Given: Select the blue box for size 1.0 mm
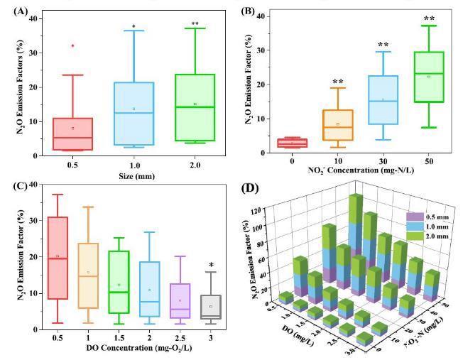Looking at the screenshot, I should point(134,114).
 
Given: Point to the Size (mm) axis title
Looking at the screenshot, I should point(134,173).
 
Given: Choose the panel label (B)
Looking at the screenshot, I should point(248,11).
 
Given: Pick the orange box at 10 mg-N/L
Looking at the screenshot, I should point(338,125).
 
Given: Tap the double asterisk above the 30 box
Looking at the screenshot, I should point(383,45).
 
